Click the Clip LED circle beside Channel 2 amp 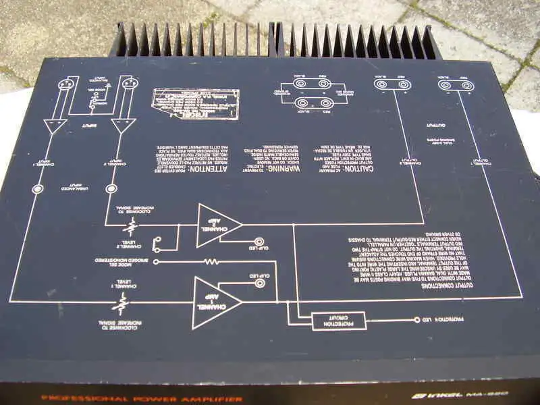click(x=259, y=241)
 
